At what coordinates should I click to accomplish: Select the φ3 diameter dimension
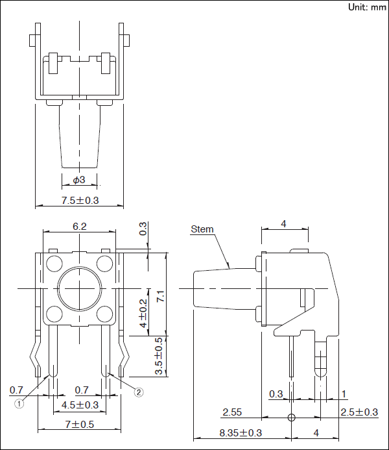[x=78, y=179]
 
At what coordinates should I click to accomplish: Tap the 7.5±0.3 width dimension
[x=80, y=201]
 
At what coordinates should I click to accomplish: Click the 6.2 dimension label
[x=80, y=227]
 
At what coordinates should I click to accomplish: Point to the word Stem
[x=202, y=229]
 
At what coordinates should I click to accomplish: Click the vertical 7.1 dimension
[x=161, y=295]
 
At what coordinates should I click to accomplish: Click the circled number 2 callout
[x=138, y=392]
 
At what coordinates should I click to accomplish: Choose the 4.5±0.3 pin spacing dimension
[x=80, y=405]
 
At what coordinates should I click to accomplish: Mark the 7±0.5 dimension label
[x=80, y=425]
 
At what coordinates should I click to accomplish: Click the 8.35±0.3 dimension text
[x=241, y=432]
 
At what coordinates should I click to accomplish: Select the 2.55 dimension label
[x=232, y=412]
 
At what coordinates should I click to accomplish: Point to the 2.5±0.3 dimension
[x=359, y=412]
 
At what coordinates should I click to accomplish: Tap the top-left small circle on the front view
[x=54, y=264]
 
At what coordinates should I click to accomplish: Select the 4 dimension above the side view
[x=283, y=224]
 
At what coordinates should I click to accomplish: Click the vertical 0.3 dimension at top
[x=143, y=229]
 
